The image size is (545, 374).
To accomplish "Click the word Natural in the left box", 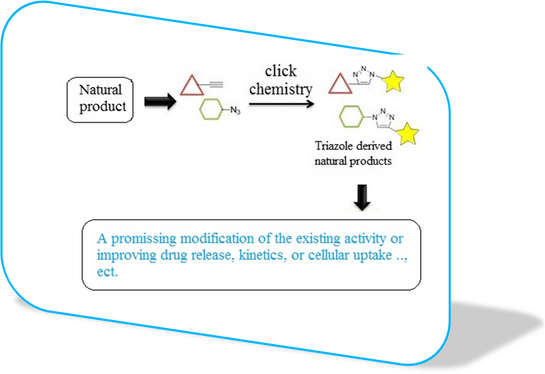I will click(x=100, y=90).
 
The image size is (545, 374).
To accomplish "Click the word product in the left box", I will click(x=102, y=106).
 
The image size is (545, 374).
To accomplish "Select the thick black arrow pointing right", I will click(x=160, y=101).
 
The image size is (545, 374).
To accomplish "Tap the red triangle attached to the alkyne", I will click(x=191, y=86).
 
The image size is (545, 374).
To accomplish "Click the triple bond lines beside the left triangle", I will click(x=216, y=85).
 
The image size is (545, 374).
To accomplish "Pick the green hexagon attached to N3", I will click(x=211, y=109).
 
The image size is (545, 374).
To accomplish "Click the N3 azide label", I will click(x=235, y=110).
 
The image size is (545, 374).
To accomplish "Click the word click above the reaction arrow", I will click(x=280, y=71).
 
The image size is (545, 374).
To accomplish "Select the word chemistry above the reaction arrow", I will click(x=280, y=89).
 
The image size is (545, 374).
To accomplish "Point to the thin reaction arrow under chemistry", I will click(x=281, y=104).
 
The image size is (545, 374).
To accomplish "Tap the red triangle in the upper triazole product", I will click(x=340, y=85).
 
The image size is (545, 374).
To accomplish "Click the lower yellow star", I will click(x=408, y=134).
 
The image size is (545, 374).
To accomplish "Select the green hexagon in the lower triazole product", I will click(x=351, y=117).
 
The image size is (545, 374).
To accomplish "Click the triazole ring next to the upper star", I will click(x=364, y=76).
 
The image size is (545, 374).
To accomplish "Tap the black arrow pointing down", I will click(x=362, y=197).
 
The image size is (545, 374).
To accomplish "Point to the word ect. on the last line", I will click(x=107, y=272).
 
